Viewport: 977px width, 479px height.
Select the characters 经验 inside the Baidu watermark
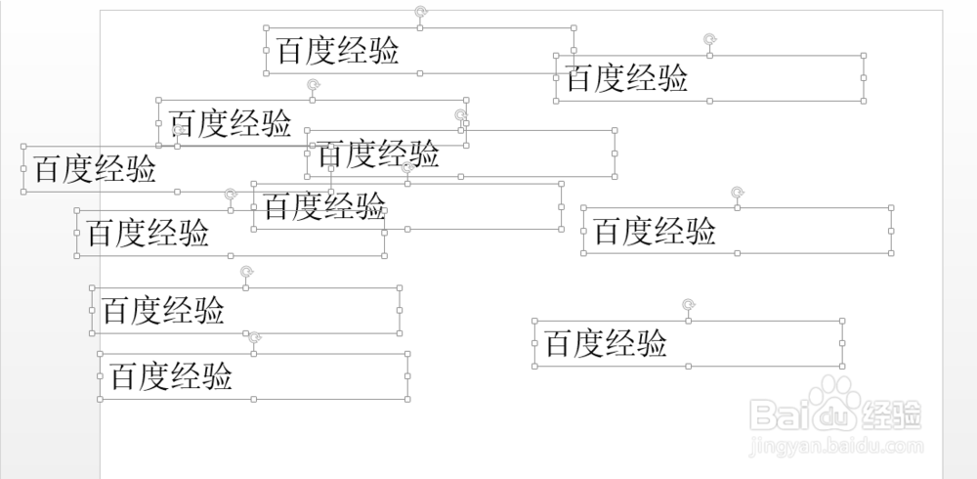pos(893,414)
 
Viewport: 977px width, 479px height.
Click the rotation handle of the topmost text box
pos(420,11)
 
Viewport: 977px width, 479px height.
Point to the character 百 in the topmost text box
pos(291,51)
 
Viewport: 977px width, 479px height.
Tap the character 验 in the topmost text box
pos(384,51)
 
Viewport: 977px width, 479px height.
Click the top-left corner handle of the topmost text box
pos(267,28)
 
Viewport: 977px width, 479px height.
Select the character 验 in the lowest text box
pos(218,376)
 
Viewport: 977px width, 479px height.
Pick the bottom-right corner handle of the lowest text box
pos(407,399)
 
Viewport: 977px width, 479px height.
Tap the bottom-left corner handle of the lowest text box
pos(100,399)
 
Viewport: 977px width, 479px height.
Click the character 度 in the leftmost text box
pos(81,169)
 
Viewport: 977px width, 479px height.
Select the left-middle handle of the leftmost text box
pos(22,169)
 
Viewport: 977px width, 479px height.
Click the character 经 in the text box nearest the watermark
pos(621,343)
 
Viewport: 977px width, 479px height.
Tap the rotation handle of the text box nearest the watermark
pos(689,304)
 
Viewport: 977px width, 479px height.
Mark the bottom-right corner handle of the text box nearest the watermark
pos(842,366)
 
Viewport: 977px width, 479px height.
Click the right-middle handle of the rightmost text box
pos(892,231)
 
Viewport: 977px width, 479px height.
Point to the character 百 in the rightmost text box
pos(609,232)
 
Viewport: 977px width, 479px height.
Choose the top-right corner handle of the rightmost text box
pos(892,207)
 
